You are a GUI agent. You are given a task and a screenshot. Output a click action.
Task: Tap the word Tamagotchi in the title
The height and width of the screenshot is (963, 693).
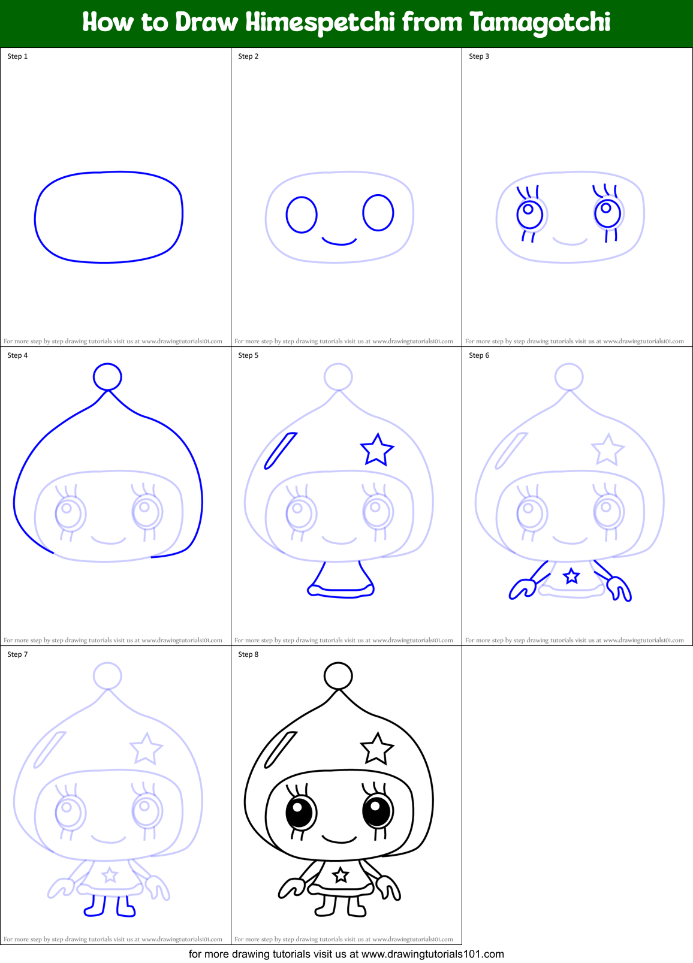tap(540, 23)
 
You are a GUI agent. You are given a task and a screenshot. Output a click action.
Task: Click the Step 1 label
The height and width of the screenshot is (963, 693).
tap(17, 56)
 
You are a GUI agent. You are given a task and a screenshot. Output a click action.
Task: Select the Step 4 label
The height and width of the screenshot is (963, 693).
tap(17, 355)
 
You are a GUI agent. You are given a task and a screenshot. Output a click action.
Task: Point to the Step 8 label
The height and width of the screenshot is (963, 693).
tap(248, 654)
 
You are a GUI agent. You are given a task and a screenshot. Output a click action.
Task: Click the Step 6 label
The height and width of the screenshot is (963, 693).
tap(479, 355)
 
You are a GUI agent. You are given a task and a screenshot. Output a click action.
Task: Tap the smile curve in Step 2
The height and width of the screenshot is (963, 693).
tap(339, 242)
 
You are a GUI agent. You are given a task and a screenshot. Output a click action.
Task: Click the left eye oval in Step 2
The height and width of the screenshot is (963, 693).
tap(302, 215)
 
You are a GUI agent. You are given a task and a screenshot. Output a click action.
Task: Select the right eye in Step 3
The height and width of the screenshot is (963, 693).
tap(608, 212)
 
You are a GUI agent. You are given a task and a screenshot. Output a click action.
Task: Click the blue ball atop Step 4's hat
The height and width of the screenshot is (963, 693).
tap(107, 376)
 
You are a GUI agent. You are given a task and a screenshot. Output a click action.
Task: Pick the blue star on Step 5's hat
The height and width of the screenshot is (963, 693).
tap(376, 449)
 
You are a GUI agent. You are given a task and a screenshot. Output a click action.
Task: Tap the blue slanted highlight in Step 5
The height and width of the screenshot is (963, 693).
tap(281, 450)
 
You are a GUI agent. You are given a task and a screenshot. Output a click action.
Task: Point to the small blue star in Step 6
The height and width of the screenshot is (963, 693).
tap(571, 576)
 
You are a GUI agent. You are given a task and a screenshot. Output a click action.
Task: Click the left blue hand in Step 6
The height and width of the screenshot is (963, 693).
tap(522, 588)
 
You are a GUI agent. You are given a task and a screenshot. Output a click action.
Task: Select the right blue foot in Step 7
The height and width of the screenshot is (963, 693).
tap(125, 907)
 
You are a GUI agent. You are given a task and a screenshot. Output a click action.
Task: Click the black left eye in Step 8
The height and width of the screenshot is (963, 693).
tap(301, 813)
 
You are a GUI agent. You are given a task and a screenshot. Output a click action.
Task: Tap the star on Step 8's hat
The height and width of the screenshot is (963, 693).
tap(376, 748)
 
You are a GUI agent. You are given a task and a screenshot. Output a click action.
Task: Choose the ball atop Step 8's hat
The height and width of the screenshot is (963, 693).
tap(338, 676)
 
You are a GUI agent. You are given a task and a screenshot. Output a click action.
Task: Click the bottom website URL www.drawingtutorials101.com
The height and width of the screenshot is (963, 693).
tap(432, 954)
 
